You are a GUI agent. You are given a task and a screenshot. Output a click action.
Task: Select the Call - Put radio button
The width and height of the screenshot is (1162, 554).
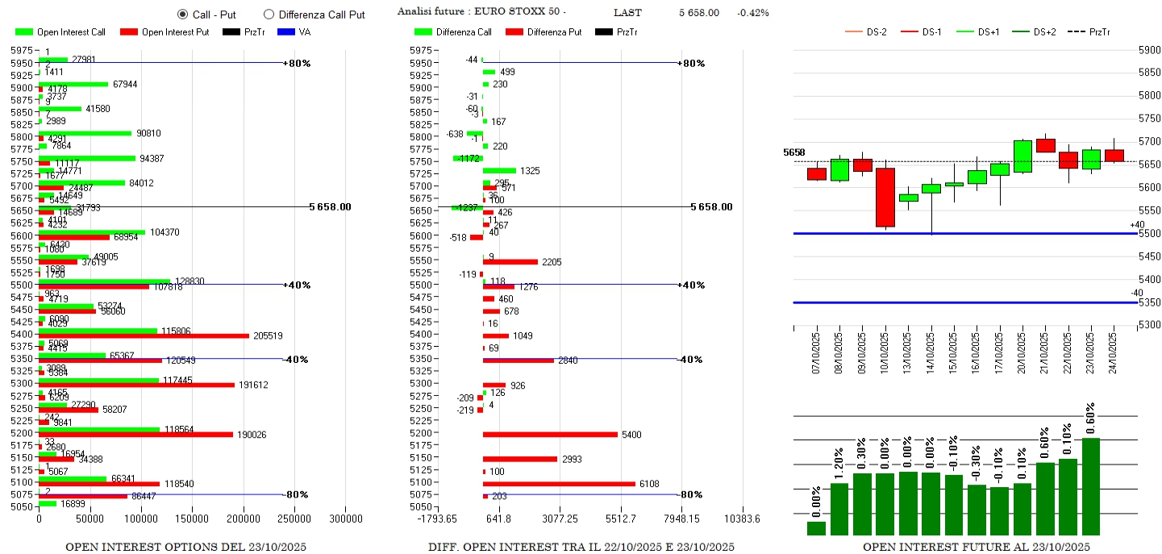[x=182, y=15]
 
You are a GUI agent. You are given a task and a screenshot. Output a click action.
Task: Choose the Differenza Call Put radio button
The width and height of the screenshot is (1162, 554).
[x=269, y=15]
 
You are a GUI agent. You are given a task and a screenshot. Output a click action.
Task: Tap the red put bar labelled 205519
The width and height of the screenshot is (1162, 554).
[x=144, y=335]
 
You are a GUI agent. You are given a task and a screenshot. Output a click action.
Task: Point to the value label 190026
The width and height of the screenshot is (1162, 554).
[x=252, y=435]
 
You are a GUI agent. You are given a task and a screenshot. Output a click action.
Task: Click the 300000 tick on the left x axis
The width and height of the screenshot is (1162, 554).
[x=346, y=520]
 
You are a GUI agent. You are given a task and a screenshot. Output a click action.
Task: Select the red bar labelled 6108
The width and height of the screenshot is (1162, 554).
[x=559, y=484]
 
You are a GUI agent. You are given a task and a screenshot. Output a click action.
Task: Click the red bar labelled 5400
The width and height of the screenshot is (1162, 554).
[x=550, y=435]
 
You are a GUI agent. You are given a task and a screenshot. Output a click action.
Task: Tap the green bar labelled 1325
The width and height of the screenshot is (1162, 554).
[x=499, y=170]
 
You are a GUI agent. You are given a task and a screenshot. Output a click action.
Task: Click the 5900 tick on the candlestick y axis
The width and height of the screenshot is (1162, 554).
[x=1148, y=49]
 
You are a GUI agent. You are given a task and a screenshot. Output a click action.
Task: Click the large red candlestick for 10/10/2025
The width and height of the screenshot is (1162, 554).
[x=885, y=198]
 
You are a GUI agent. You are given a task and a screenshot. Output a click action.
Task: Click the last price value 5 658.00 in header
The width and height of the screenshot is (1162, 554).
[x=698, y=13]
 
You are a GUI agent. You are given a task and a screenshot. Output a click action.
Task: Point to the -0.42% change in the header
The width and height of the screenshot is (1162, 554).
[x=752, y=13]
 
